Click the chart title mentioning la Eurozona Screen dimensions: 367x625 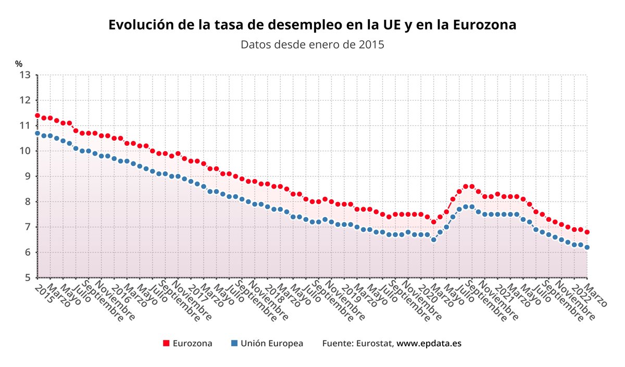coord(312,24)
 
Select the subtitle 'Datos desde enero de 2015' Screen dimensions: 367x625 coord(312,44)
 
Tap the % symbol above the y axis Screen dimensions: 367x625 coord(19,64)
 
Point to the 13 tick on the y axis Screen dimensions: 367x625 coord(25,75)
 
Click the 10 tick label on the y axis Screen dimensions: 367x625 coord(25,151)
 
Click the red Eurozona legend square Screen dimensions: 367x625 coord(166,344)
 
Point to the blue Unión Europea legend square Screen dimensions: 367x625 coord(234,344)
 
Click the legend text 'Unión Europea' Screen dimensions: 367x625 coord(271,344)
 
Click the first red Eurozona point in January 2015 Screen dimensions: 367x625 coord(37,116)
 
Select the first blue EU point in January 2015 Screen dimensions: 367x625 coord(37,133)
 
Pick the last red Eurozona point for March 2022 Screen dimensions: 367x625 coord(587,232)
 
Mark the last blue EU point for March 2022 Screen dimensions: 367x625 coord(587,247)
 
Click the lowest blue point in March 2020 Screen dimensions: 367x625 coord(433,240)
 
